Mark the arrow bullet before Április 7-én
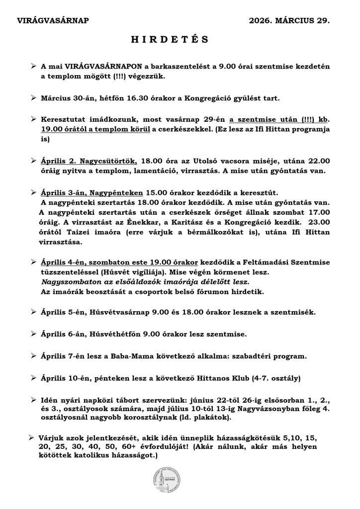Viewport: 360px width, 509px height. click(x=33, y=356)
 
